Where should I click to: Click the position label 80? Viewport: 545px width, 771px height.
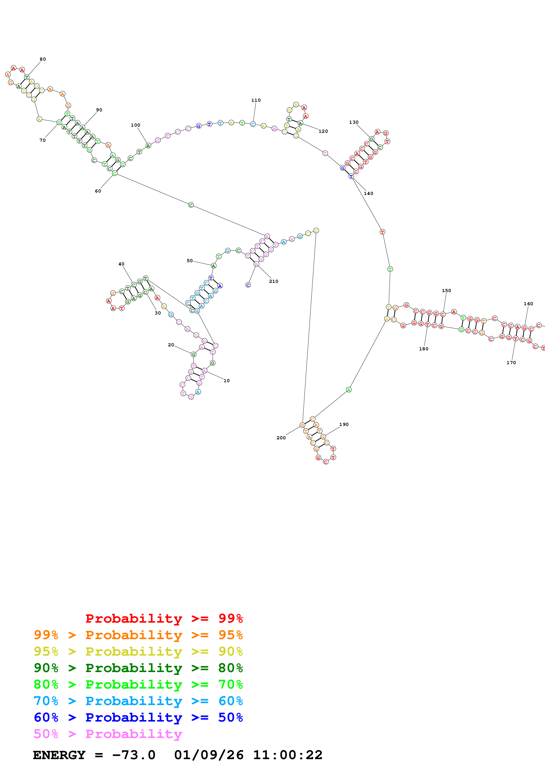[43, 59]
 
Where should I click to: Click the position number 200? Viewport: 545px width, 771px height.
[281, 438]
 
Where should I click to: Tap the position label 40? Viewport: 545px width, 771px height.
[121, 264]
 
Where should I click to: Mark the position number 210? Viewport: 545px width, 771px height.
[274, 281]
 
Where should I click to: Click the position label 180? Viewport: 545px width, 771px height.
[424, 349]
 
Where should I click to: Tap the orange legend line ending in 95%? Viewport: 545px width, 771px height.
[138, 635]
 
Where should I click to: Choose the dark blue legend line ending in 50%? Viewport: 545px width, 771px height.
[138, 717]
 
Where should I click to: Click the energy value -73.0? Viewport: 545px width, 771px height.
[134, 755]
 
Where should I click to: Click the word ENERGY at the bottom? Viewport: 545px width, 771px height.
[59, 755]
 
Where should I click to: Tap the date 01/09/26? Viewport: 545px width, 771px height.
[209, 755]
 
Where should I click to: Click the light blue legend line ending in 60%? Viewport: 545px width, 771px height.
[138, 701]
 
